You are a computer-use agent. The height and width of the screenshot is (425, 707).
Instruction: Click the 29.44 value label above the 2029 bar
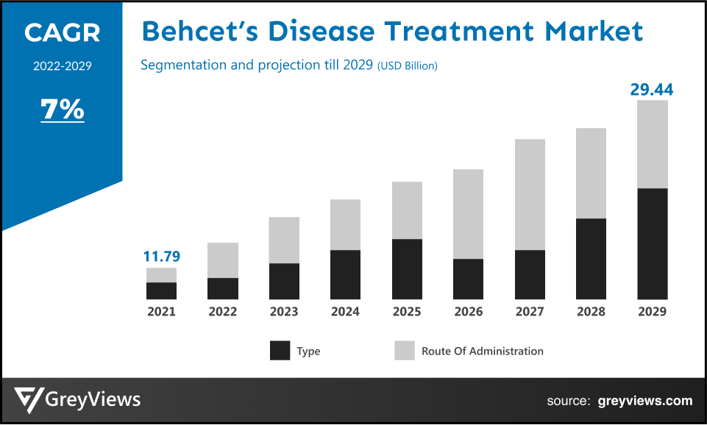pyautogui.click(x=651, y=90)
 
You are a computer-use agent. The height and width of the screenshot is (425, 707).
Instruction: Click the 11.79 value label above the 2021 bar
pyautogui.click(x=161, y=257)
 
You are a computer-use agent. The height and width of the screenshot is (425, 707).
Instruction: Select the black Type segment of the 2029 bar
pyautogui.click(x=652, y=243)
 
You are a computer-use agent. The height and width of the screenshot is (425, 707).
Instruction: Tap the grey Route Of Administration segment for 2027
pyautogui.click(x=530, y=194)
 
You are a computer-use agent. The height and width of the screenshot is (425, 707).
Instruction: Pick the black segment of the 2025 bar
pyautogui.click(x=407, y=269)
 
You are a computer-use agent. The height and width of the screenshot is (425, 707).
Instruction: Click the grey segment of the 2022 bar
pyautogui.click(x=223, y=260)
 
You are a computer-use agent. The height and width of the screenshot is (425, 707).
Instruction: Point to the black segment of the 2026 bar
pyautogui.click(x=468, y=279)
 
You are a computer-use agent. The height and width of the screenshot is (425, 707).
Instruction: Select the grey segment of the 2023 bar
pyautogui.click(x=284, y=240)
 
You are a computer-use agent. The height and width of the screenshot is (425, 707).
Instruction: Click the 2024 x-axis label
pyautogui.click(x=345, y=312)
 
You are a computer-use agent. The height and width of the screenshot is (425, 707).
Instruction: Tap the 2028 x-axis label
pyautogui.click(x=591, y=312)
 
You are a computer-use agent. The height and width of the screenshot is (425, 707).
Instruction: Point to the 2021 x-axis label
pyautogui.click(x=161, y=312)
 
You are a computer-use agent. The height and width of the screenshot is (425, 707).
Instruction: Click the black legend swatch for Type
pyautogui.click(x=280, y=351)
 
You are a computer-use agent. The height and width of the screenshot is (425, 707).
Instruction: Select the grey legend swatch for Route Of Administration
pyautogui.click(x=405, y=351)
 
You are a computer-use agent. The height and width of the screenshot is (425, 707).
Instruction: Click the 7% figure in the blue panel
pyautogui.click(x=62, y=110)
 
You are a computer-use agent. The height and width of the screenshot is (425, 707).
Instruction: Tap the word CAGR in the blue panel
pyautogui.click(x=62, y=32)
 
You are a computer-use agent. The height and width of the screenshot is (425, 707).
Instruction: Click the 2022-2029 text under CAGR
pyautogui.click(x=62, y=66)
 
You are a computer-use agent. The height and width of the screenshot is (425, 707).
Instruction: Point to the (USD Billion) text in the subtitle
pyautogui.click(x=407, y=66)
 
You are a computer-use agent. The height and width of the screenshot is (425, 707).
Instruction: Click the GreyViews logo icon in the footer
pyautogui.click(x=28, y=401)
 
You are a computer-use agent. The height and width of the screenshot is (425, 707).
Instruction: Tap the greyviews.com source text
pyautogui.click(x=644, y=401)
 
